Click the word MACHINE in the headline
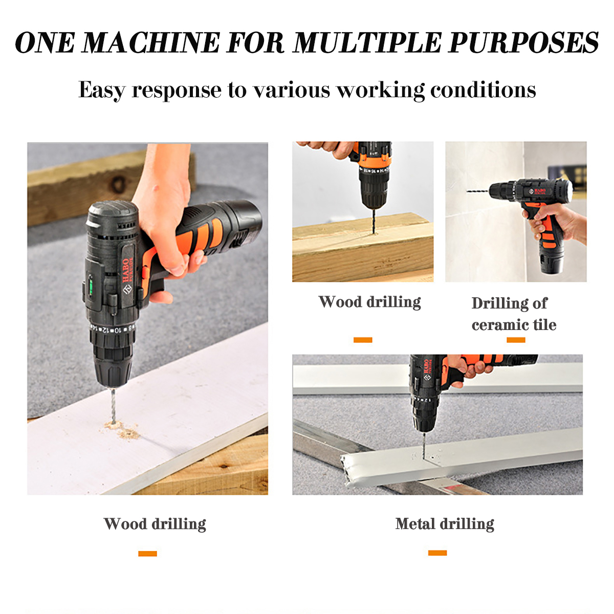pyautogui.click(x=151, y=42)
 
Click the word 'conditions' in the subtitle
pyautogui.click(x=483, y=90)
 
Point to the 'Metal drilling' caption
pyautogui.click(x=445, y=524)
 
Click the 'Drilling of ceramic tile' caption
pyautogui.click(x=514, y=314)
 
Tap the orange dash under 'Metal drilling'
pyautogui.click(x=437, y=553)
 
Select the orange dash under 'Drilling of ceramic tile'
pyautogui.click(x=516, y=340)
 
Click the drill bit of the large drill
pyautogui.click(x=113, y=406)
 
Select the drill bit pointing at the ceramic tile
pyautogui.click(x=477, y=191)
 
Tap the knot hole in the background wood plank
pyautogui.click(x=118, y=184)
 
